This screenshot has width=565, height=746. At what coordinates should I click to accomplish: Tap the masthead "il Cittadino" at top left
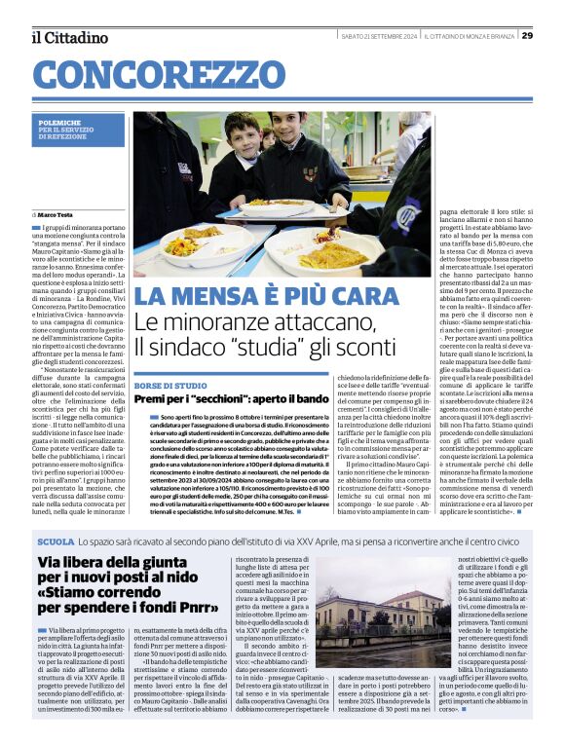coord(69,37)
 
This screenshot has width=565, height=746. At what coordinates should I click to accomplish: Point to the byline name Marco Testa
coord(56,213)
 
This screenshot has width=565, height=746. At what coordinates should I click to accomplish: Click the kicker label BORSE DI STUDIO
coord(171,387)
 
